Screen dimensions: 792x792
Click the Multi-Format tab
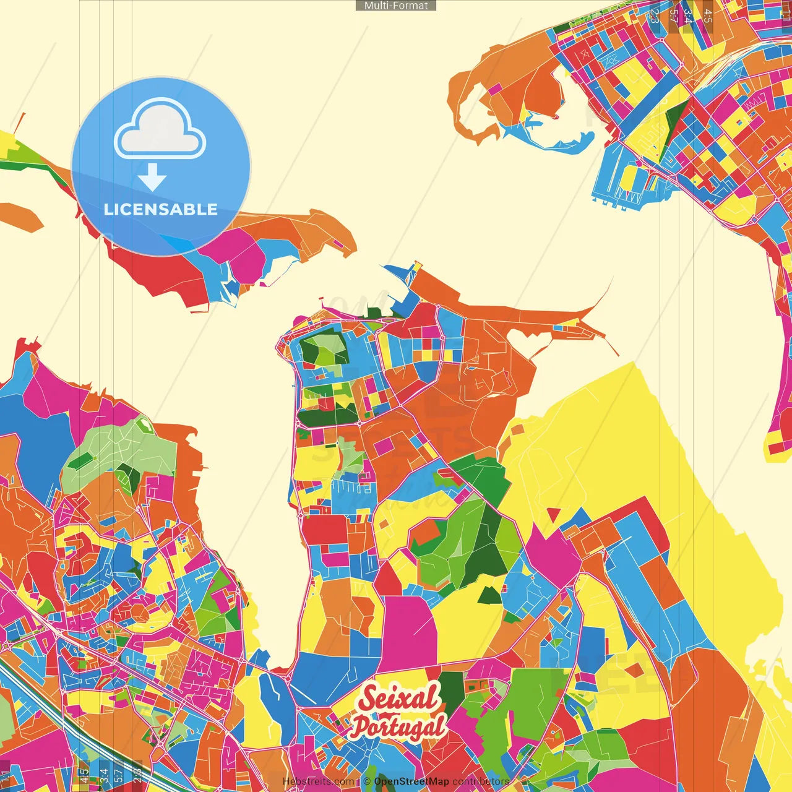(396, 6)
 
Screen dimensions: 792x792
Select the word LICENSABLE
(160, 210)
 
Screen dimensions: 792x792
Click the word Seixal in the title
(399, 699)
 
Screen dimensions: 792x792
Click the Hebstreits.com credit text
(318, 781)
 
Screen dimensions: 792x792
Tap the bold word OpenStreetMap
(411, 781)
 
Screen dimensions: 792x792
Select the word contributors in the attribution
(481, 781)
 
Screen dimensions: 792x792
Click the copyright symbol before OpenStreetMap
(366, 781)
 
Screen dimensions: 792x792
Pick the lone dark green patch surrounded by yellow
(489, 595)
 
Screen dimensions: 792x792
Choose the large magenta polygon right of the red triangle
(551, 551)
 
